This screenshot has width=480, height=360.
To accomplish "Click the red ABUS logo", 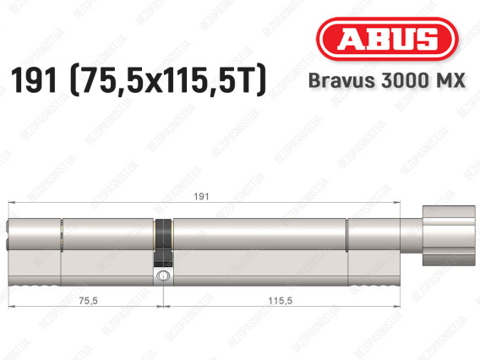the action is (387, 39).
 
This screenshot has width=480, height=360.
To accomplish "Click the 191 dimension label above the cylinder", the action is (201, 197).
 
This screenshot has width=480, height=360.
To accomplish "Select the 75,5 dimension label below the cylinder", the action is (88, 301).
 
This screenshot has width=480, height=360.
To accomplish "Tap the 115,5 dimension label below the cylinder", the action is (280, 301).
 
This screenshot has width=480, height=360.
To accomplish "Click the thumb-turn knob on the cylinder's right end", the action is (449, 236).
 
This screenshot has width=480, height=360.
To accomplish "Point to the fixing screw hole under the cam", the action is (161, 275).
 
